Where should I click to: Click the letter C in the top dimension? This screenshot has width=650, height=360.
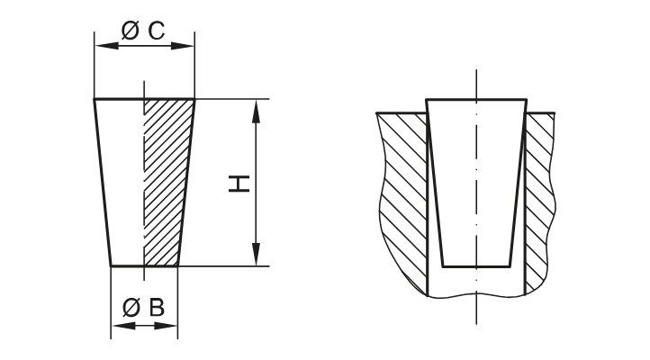tap(155, 31)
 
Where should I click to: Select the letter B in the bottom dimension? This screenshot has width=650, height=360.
tap(156, 308)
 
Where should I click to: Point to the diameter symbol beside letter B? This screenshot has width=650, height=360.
tap(131, 308)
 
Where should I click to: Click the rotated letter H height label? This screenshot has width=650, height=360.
tap(238, 184)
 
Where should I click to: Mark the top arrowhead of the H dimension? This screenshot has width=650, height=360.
tap(257, 107)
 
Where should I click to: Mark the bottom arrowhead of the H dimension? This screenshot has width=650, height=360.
tap(257, 257)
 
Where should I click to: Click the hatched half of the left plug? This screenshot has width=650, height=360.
tap(167, 180)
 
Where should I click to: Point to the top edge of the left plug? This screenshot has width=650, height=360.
tap(144, 98)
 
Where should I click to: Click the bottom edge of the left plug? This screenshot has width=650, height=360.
tap(144, 266)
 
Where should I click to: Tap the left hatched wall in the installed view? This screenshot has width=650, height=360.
tap(401, 198)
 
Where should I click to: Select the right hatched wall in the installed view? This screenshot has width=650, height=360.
tap(540, 198)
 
